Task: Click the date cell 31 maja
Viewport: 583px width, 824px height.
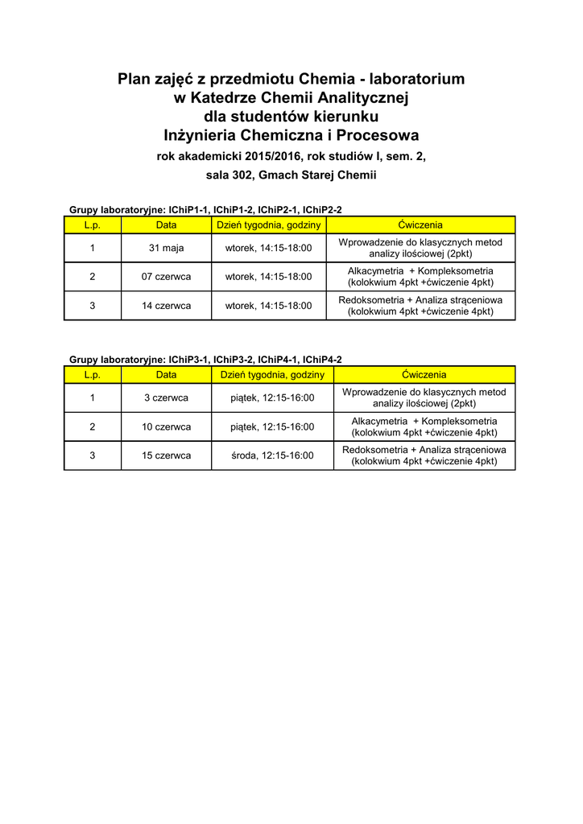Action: (x=166, y=248)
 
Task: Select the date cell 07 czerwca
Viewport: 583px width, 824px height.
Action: (x=166, y=277)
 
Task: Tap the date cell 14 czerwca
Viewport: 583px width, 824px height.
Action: (x=166, y=306)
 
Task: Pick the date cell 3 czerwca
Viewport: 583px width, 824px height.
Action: (x=166, y=398)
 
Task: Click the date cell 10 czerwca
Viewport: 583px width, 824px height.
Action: (x=166, y=426)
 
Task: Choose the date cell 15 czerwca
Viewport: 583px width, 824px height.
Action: (x=166, y=455)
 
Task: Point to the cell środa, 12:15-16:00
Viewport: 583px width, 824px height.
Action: (x=272, y=455)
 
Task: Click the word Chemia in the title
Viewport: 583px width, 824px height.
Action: (x=327, y=79)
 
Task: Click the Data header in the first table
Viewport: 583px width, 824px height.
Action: (x=166, y=225)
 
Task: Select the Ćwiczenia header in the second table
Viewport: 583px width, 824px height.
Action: (x=424, y=375)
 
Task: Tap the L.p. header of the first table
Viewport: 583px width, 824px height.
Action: (x=92, y=225)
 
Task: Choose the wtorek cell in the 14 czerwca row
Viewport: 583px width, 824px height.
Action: (x=268, y=306)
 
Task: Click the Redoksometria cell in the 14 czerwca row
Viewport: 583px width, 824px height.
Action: (x=420, y=306)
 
